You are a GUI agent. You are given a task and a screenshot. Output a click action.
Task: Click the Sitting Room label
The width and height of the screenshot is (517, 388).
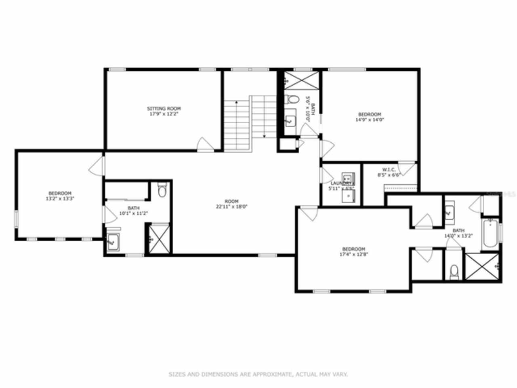pos(164,108)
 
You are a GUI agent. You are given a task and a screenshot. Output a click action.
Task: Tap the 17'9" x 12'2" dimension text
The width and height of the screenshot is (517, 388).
pos(164,114)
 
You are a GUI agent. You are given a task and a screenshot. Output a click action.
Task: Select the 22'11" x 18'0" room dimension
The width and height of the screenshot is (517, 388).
pos(231,206)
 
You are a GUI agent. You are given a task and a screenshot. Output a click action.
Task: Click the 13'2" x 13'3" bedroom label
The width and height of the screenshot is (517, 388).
pos(60,198)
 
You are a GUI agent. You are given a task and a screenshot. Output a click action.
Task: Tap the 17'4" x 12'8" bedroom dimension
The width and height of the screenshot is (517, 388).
pos(353,254)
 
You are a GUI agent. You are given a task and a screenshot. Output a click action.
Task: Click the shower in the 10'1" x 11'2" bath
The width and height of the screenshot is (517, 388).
pos(158,239)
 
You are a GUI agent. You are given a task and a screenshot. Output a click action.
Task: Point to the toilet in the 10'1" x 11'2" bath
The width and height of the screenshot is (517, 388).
pos(162,190)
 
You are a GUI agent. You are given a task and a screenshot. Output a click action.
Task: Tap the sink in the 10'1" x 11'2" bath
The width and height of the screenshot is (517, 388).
pos(113,242)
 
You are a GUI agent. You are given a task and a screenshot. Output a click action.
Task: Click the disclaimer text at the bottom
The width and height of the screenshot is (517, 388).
pos(258,374)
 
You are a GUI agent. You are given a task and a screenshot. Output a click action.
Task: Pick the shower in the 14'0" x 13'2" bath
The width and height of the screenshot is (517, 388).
pos(483,266)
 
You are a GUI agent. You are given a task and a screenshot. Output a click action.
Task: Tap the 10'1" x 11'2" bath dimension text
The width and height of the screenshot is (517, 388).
pos(133,213)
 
